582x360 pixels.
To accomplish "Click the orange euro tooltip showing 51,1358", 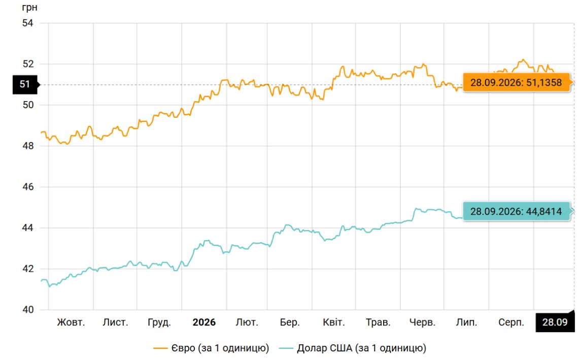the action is coord(517,82).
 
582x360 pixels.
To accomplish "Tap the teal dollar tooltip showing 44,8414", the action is coord(517,211).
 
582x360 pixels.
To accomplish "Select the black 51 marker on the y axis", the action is coord(25,84).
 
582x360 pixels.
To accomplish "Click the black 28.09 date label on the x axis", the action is coord(555,322).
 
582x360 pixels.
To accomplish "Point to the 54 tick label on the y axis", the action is coord(28,23).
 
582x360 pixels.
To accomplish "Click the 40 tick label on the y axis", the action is coord(28,309).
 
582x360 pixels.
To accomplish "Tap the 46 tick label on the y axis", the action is coord(28,187).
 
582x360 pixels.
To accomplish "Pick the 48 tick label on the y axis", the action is coord(28,146).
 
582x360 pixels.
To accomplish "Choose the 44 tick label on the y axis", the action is coord(28,228).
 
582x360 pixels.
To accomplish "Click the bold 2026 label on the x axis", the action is coord(204,322).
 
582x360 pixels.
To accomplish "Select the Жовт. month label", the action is coord(71,322).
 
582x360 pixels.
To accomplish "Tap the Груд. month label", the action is coord(159,322).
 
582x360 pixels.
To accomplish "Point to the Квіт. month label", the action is coord(334,322).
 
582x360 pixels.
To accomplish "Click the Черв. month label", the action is coord(422,322).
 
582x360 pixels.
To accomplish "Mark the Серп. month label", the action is coord(511,322).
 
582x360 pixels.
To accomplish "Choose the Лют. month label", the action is coord(247,322).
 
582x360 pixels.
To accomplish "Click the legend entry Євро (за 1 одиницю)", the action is coord(211,348).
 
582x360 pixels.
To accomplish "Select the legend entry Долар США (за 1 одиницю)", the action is coord(353,348).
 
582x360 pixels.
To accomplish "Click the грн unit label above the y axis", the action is coord(30,8).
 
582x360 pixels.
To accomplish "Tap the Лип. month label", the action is coord(467,322).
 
